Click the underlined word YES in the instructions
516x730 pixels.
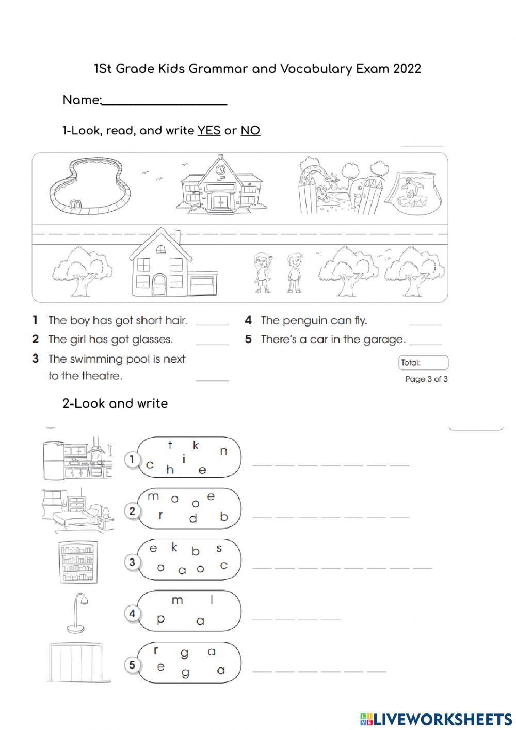[208, 131]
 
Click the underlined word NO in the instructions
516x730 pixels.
[250, 131]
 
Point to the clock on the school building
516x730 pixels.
[221, 169]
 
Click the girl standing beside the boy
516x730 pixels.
[262, 273]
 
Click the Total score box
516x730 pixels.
[423, 363]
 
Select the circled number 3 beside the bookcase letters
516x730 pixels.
[133, 562]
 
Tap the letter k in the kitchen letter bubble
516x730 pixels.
[196, 445]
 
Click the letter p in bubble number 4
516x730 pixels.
[160, 619]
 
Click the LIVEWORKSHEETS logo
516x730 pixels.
[436, 719]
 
